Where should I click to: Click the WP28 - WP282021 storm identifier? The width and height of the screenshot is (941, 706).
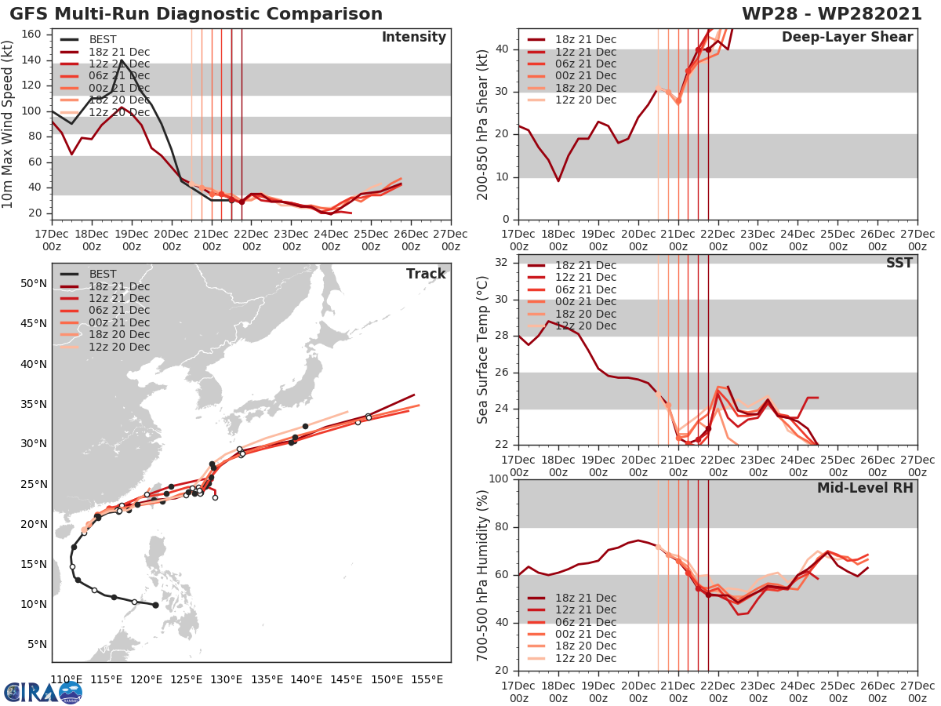point(838,14)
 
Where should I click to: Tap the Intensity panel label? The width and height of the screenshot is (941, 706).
point(413,38)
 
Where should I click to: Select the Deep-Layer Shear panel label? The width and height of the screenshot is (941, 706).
point(847,38)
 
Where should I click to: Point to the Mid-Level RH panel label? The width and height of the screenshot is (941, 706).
point(865,488)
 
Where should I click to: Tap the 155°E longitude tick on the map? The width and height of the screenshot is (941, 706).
point(427,679)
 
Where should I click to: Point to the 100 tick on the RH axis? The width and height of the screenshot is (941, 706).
point(500,479)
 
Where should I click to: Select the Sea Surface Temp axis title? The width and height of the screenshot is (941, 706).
point(484,349)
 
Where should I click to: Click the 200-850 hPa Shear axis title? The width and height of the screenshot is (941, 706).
point(484,123)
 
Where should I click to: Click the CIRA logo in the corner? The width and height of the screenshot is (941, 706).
point(43,692)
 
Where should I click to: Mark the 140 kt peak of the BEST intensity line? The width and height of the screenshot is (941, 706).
point(122,60)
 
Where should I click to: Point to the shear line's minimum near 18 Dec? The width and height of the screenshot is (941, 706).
point(558,181)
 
